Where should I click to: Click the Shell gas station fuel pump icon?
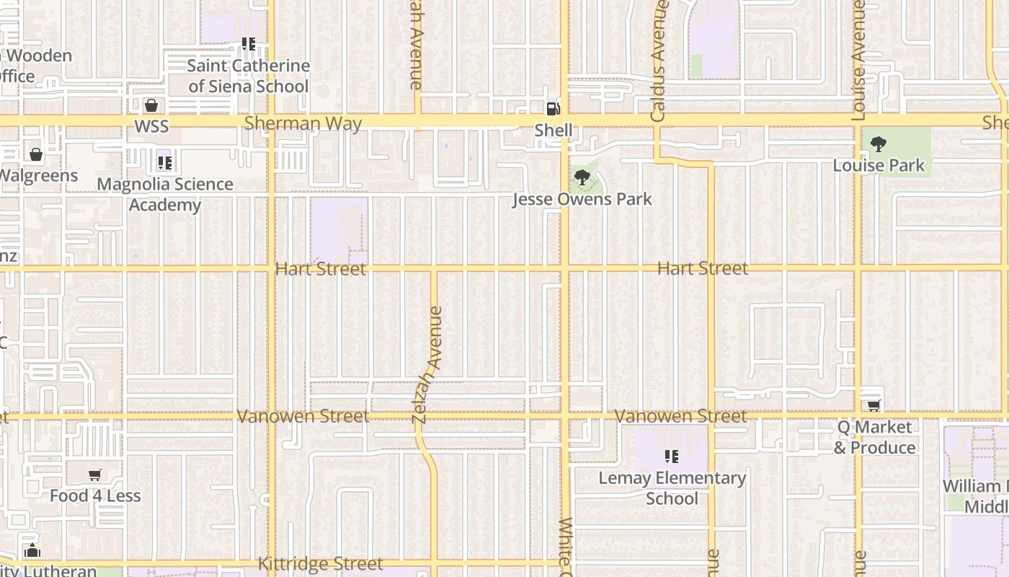(553, 109)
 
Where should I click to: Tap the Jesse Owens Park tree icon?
(582, 177)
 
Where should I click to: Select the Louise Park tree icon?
(878, 144)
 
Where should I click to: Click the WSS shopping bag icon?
(151, 106)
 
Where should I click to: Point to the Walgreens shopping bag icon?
(36, 154)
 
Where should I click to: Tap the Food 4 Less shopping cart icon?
(94, 475)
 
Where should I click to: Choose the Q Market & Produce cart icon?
(874, 406)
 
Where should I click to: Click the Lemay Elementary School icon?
(672, 457)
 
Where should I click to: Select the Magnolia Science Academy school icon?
(164, 163)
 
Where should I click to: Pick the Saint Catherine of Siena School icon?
(249, 44)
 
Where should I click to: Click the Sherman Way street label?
(303, 123)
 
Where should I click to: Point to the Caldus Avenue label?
(658, 61)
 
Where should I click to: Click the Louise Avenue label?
(858, 60)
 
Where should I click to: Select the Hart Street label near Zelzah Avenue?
(321, 269)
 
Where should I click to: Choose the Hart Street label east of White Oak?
(703, 268)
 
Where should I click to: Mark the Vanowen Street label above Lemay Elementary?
(680, 416)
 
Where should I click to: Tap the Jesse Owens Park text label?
(582, 199)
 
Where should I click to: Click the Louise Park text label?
(879, 165)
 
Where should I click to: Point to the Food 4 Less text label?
(95, 496)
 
